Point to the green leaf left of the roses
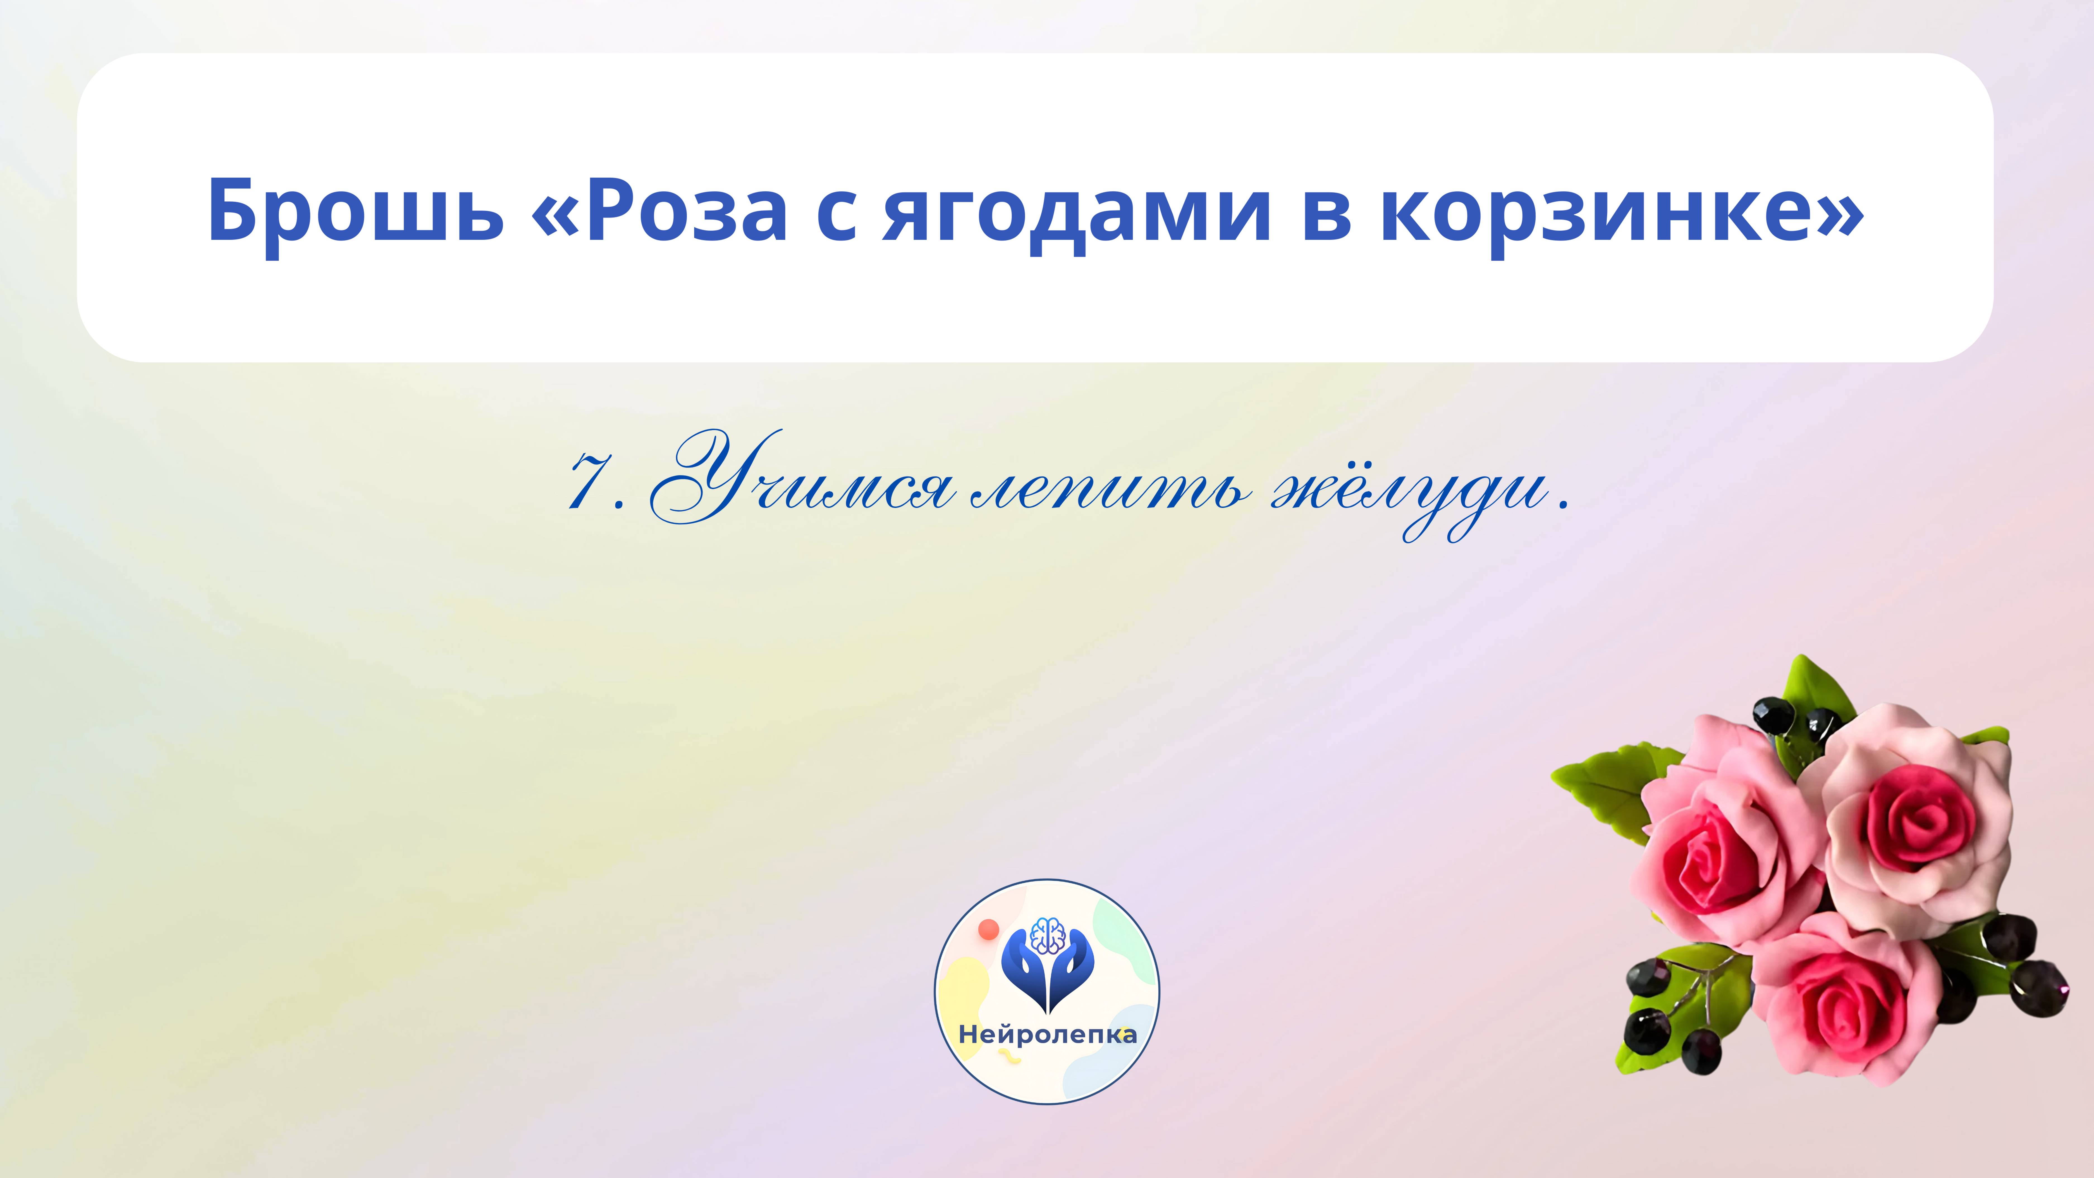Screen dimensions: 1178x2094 (x=1605, y=784)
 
